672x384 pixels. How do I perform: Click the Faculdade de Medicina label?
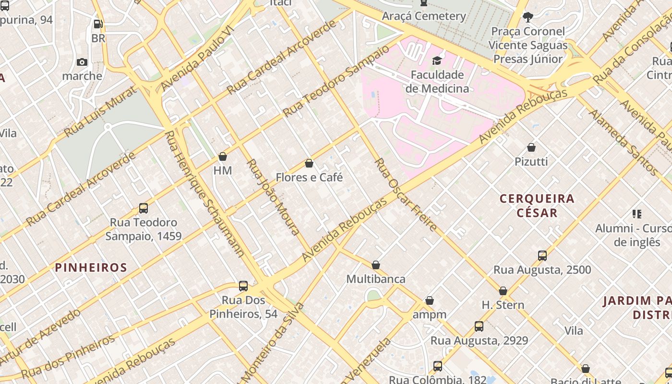437,82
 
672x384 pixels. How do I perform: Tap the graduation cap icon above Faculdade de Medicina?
437,60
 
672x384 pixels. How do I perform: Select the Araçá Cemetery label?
424,16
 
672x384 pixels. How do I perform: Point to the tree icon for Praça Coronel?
528,17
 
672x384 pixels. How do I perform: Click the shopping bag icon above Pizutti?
531,147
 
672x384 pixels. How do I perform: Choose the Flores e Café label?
309,177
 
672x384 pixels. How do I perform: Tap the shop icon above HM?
223,156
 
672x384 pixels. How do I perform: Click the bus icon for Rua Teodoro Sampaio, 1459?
144,208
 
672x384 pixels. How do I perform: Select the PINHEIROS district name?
91,267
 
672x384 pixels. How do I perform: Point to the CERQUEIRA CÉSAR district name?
537,205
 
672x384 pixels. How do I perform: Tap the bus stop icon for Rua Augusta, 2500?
542,256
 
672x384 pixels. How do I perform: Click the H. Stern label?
503,305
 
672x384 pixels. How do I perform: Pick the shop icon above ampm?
430,301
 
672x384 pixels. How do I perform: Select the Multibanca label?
376,279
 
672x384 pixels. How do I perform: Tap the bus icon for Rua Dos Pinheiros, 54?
243,286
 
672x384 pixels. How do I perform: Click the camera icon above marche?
82,62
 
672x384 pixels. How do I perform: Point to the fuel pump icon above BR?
98,24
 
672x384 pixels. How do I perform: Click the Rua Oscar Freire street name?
406,194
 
